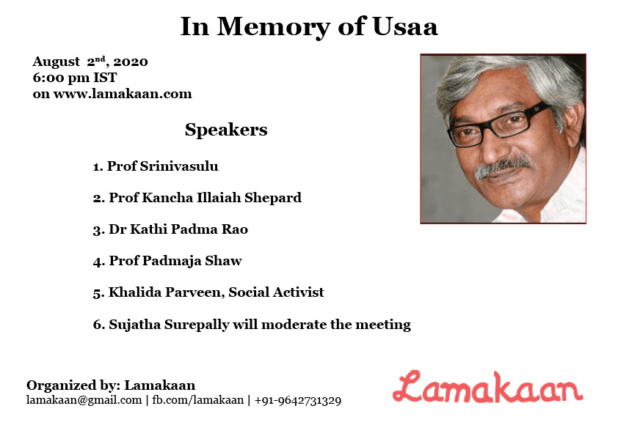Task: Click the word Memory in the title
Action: point(273,28)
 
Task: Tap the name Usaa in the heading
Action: point(405,27)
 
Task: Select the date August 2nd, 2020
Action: point(90,62)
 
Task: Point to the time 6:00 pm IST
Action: point(75,78)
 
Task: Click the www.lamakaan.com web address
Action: point(123,94)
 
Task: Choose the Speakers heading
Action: point(226,130)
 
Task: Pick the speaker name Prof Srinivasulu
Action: point(162,166)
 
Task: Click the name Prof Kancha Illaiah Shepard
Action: point(205,198)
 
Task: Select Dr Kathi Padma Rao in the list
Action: point(178,229)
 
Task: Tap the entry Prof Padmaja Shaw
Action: point(175,261)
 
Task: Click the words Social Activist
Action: point(276,292)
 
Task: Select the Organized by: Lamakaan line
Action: point(111,385)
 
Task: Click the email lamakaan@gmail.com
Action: point(84,400)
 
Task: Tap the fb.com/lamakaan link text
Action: point(198,400)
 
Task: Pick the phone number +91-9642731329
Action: point(298,401)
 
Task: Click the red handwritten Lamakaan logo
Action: point(488,387)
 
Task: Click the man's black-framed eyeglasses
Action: point(499,125)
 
